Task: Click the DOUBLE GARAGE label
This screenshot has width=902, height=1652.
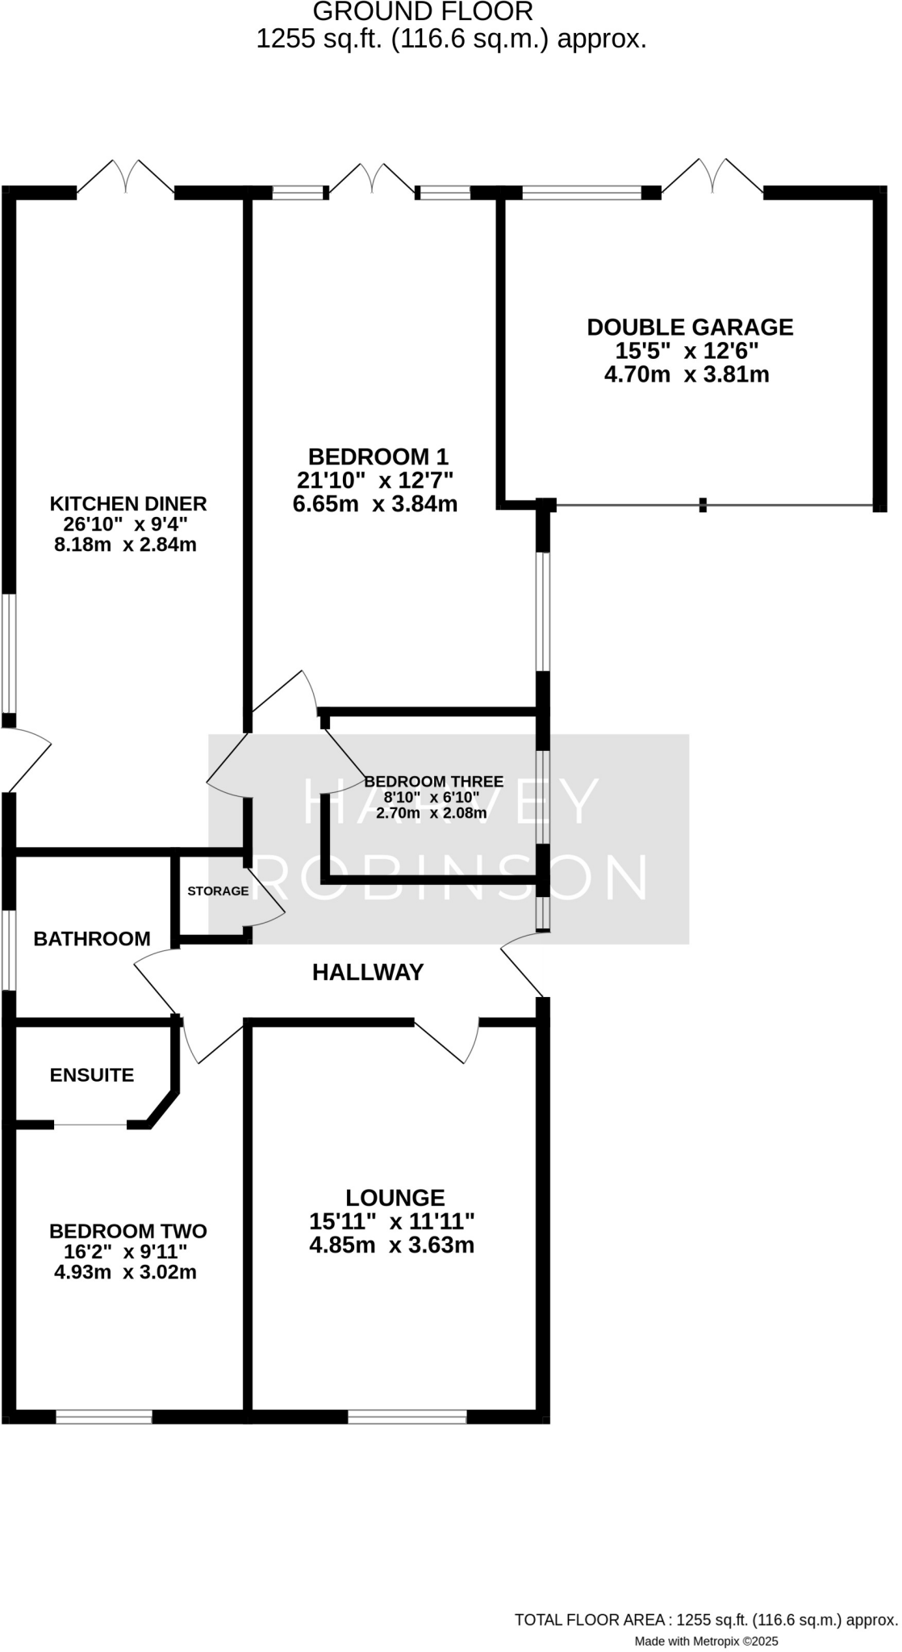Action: tap(690, 327)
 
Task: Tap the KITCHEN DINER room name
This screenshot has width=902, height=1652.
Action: tap(128, 504)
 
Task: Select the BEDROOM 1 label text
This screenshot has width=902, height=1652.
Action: tap(378, 457)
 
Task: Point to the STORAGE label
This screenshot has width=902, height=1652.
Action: tap(218, 891)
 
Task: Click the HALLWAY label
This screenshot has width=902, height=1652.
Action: tap(368, 973)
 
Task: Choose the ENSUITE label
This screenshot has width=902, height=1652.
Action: tap(92, 1075)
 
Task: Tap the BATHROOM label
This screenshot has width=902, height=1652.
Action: tap(92, 939)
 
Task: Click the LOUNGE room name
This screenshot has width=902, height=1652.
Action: tap(395, 1198)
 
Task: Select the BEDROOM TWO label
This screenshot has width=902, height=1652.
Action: tap(128, 1232)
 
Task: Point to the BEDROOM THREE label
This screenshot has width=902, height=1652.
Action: tap(434, 782)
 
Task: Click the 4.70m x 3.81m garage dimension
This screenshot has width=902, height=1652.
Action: tap(687, 375)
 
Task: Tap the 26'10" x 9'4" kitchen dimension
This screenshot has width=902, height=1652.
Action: tap(125, 524)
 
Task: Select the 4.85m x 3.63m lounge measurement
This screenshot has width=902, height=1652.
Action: tap(392, 1245)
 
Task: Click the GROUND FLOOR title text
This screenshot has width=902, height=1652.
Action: tap(423, 12)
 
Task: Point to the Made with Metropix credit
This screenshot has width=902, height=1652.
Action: tap(706, 1641)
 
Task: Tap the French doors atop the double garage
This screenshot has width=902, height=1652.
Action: tap(712, 178)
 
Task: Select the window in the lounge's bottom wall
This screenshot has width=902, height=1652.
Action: tap(407, 1416)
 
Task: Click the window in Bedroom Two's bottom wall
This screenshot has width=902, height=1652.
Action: tap(104, 1416)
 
